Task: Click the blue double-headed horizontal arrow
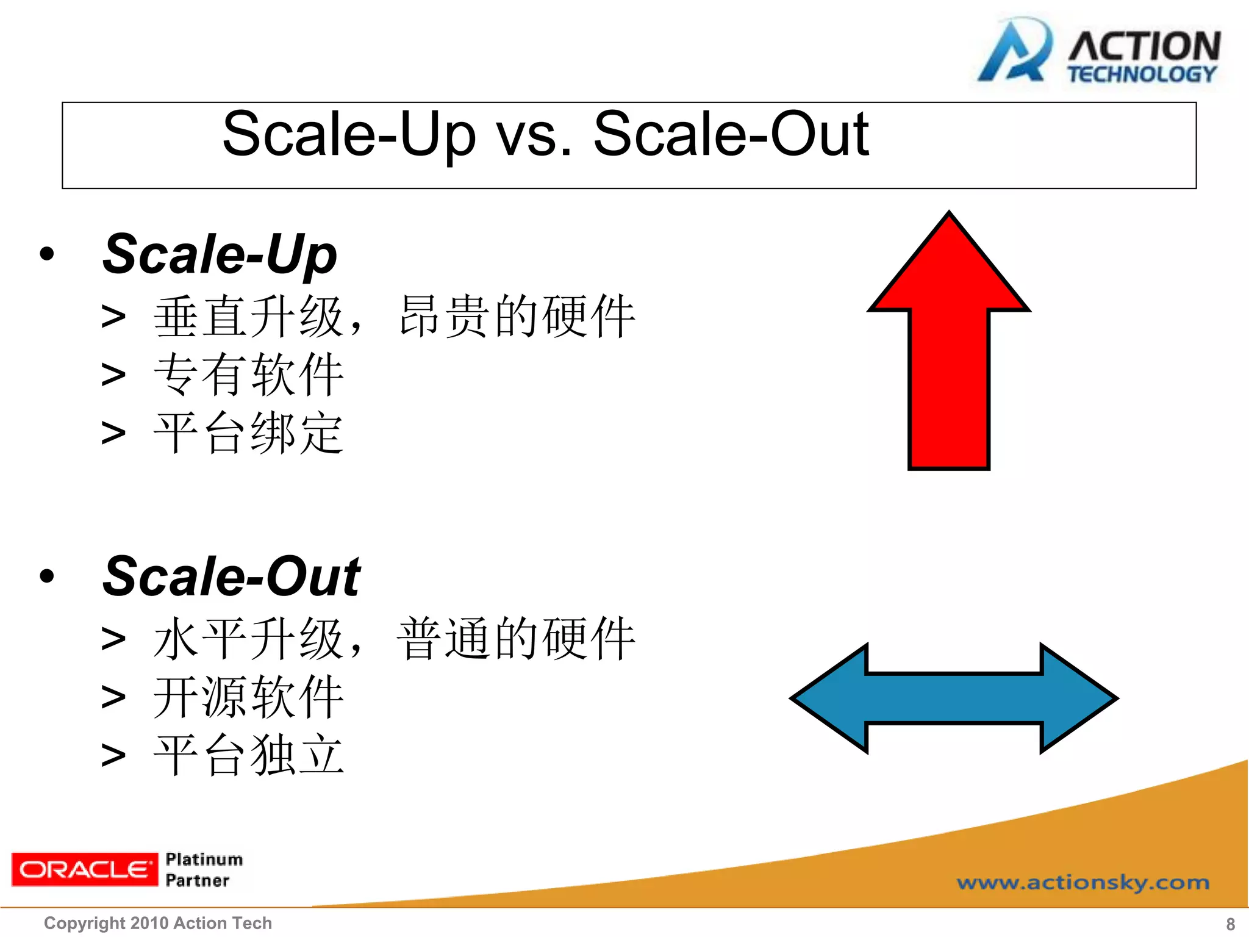point(953,698)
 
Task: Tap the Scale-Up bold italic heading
point(220,255)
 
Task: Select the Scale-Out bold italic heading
point(232,577)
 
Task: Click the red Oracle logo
point(84,869)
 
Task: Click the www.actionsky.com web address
point(1083,883)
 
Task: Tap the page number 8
point(1230,924)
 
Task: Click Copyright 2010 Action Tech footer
point(157,924)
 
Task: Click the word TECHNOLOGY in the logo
point(1142,74)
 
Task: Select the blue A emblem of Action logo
point(1014,52)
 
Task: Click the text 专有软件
point(249,375)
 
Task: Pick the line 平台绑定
point(249,433)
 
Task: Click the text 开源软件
point(249,697)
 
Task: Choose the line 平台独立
point(249,755)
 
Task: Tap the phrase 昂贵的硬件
point(517,316)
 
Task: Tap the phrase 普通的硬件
point(517,639)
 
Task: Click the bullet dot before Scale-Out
point(47,576)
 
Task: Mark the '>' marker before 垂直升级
point(113,317)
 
